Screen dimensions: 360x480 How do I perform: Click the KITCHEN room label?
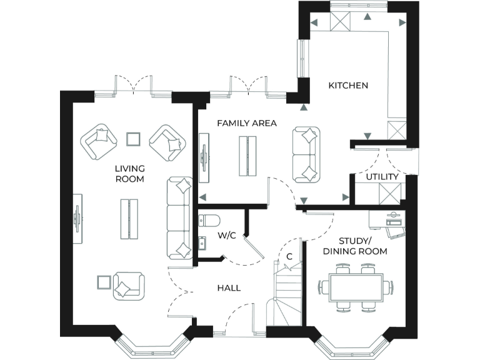pos(348,86)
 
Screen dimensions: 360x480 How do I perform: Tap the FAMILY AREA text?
pos(246,123)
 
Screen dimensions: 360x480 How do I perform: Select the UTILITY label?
pos(382,177)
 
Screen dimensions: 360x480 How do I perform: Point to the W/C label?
pos(226,236)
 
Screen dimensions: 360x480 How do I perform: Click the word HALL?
pos(229,288)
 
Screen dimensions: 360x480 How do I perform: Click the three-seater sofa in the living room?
pos(179,217)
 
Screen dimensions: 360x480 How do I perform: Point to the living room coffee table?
pos(129,219)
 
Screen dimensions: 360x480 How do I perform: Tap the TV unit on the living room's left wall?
pos(78,218)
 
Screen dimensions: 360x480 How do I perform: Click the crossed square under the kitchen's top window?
pos(341,21)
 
